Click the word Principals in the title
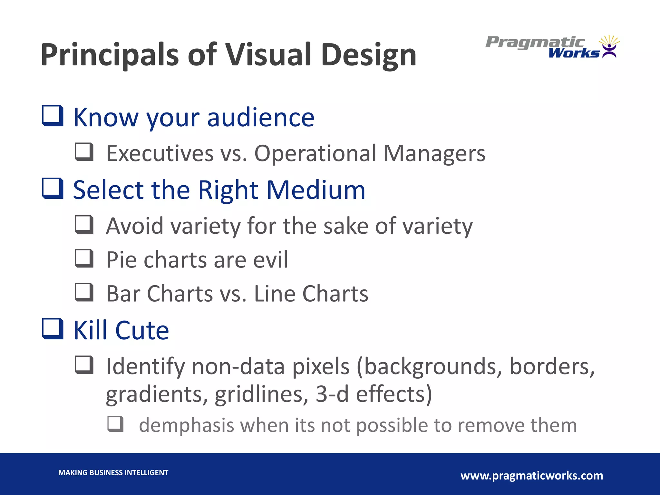[110, 55]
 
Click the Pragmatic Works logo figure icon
[609, 47]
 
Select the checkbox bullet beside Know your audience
[53, 116]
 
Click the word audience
[260, 117]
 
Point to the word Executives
[160, 153]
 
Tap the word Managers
[434, 153]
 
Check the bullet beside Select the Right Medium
[53, 188]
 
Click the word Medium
[316, 190]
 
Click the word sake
[345, 226]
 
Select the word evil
[270, 260]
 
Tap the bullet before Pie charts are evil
[84, 258]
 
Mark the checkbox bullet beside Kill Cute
[53, 329]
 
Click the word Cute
[142, 330]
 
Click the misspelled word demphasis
[186, 425]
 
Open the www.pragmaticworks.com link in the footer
[532, 476]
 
